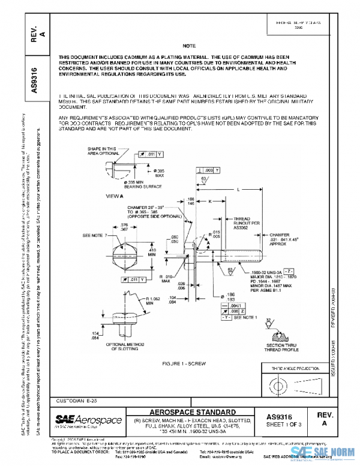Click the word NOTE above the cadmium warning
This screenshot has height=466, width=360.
(189, 46)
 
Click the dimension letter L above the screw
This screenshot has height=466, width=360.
(238, 189)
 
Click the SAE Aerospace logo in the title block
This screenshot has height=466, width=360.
(89, 419)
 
